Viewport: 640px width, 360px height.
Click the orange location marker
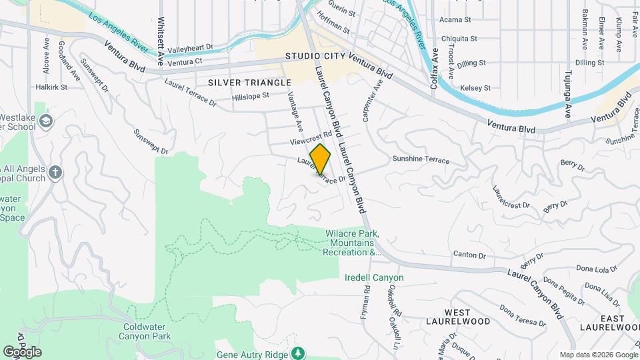321,159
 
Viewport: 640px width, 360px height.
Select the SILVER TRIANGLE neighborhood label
249,82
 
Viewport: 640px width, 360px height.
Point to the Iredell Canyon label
375,277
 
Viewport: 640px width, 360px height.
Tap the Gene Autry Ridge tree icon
299,351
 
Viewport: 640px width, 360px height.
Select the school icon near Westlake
45,121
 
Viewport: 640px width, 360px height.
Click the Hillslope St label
251,96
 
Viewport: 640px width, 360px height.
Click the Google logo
22,351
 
